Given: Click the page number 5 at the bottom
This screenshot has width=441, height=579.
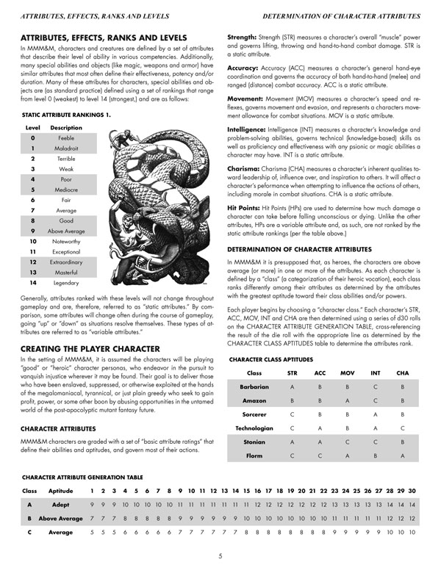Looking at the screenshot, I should point(220,555).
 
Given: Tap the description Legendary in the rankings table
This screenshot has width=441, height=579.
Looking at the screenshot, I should point(65,282).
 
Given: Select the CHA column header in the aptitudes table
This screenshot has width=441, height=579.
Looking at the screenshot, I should point(403,373).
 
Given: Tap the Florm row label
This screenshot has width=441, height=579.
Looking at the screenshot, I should point(254,456).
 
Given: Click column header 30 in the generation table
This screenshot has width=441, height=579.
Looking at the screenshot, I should point(413,490).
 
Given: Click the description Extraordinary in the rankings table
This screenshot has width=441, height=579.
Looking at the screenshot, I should point(65,261).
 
